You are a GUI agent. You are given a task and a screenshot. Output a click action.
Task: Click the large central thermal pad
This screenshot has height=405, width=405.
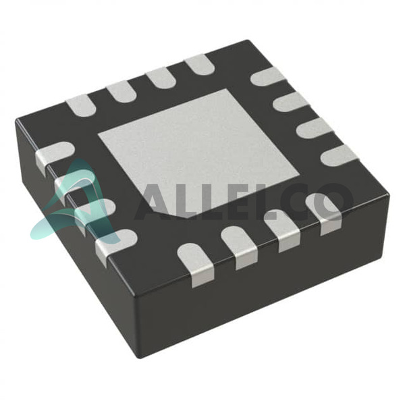[x=199, y=153]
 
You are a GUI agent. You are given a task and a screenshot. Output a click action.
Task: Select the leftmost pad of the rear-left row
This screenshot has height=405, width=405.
[x=81, y=105]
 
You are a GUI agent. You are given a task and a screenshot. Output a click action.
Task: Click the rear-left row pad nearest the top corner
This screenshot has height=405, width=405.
[x=200, y=65]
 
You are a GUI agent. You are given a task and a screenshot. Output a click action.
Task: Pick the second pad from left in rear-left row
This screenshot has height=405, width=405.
[x=121, y=91]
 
